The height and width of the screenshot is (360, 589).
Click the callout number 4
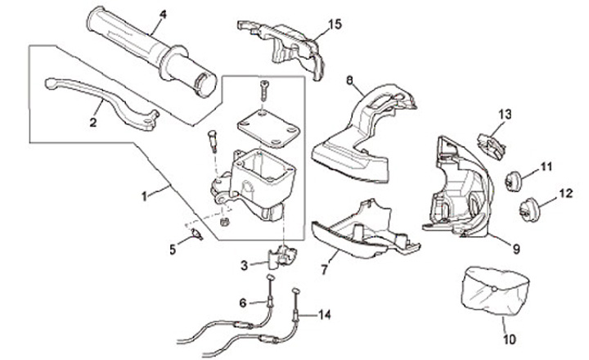click(x=162, y=15)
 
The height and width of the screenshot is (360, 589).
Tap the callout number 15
click(x=334, y=24)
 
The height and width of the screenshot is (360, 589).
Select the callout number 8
click(x=349, y=80)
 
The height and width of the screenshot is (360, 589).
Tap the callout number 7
click(x=324, y=268)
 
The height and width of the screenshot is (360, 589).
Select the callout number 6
click(x=242, y=303)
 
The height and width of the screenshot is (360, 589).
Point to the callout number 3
click(x=244, y=265)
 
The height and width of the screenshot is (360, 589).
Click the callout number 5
click(x=172, y=250)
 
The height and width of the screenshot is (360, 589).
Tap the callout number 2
click(x=93, y=122)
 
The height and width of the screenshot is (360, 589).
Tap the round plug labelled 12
click(x=527, y=208)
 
